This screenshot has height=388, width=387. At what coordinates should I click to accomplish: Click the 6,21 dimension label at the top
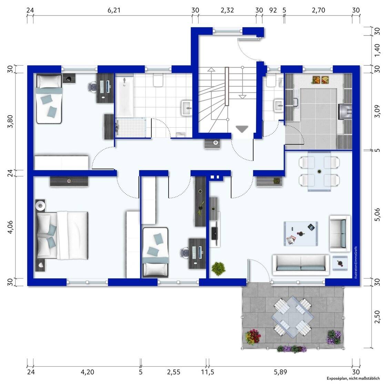click(114, 10)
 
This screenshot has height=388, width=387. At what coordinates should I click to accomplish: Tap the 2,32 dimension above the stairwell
click(227, 10)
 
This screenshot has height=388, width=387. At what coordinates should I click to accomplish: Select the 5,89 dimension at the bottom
click(280, 372)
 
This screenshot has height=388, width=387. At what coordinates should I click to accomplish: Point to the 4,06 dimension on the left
click(10, 227)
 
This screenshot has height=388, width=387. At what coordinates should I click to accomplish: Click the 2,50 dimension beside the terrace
click(377, 317)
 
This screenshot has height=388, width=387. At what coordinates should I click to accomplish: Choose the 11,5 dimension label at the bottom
click(207, 372)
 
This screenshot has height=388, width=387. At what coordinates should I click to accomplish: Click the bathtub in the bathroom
click(124, 97)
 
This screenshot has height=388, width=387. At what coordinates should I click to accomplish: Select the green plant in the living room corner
click(218, 268)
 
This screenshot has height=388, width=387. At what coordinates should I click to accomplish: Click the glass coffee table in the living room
click(301, 233)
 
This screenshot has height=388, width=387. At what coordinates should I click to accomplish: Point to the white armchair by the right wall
click(340, 233)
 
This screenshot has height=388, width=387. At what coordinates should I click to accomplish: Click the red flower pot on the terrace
click(253, 337)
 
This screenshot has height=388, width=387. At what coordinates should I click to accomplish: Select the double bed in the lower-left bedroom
click(62, 235)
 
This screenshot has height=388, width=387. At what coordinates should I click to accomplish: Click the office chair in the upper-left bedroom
click(92, 87)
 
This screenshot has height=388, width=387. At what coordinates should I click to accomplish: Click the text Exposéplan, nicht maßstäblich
click(353, 378)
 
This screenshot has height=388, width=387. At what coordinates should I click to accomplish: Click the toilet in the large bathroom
click(158, 80)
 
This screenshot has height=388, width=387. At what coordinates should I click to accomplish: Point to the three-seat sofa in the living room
click(301, 265)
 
